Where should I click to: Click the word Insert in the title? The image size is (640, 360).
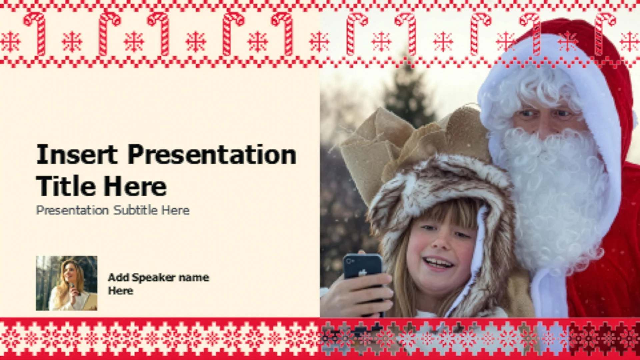click(x=77, y=154)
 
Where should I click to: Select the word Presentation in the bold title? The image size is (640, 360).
click(x=212, y=155)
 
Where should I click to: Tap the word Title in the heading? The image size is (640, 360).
click(x=66, y=186)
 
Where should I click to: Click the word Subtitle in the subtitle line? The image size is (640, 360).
click(x=135, y=210)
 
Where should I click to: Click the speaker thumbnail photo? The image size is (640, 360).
click(x=67, y=283)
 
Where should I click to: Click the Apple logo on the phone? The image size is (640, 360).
click(x=362, y=273)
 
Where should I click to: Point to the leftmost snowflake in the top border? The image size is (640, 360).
click(x=10, y=42)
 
